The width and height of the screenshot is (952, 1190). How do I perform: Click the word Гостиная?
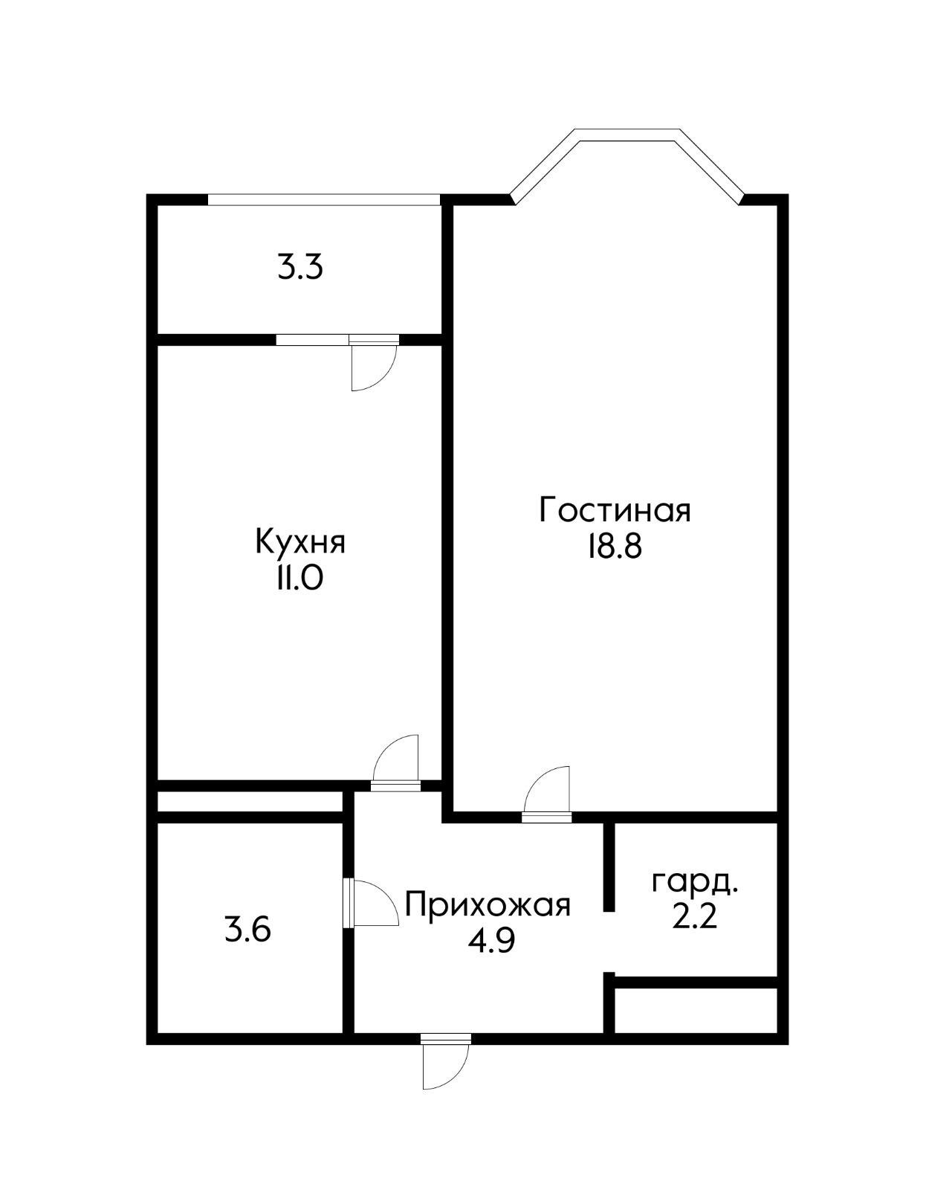click(615, 511)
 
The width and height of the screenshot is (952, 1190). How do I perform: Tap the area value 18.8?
click(614, 548)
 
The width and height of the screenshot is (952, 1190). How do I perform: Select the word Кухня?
click(300, 542)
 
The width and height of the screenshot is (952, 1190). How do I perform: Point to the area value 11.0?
click(299, 579)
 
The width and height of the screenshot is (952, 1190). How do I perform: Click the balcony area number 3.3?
click(300, 268)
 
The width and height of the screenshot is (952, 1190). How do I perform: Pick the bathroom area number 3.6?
click(247, 930)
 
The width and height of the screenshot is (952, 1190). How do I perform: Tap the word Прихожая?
click(488, 906)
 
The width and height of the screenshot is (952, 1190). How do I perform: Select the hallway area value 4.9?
click(491, 942)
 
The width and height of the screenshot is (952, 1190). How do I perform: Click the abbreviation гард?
click(694, 883)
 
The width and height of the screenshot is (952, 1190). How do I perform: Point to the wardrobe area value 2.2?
click(694, 918)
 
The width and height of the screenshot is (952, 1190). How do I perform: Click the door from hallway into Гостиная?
click(548, 792)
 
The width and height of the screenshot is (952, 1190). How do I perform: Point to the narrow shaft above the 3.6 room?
click(250, 802)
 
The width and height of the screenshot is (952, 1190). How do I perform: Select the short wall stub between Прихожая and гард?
click(609, 866)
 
